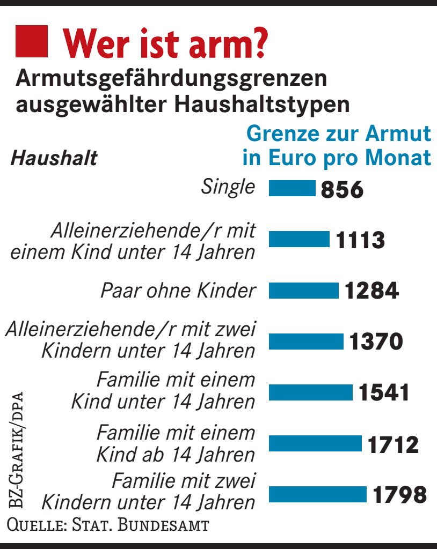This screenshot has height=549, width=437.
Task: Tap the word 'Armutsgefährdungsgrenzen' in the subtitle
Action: [171, 79]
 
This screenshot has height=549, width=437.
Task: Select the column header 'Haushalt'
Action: [54, 159]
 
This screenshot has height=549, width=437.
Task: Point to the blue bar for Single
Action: [292, 188]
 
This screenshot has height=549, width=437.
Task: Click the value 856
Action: [343, 189]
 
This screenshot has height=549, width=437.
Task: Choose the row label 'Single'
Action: [228, 187]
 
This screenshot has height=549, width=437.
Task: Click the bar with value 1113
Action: [299, 239]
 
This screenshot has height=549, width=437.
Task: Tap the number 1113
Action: [360, 240]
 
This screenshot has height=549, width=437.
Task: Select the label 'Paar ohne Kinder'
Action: [178, 291]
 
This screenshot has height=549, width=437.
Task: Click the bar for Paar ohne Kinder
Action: [303, 291]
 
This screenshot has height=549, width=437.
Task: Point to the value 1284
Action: [372, 291]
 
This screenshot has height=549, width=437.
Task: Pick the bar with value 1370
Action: [306, 342]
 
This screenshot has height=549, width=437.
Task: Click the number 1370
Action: [376, 342]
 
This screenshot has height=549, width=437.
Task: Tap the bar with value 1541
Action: [310, 392]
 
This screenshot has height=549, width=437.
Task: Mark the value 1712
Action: [393, 444]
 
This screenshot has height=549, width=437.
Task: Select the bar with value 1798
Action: [317, 494]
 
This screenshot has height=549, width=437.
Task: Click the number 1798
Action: [400, 495]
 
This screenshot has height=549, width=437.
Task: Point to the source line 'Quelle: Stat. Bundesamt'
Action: [107, 524]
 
